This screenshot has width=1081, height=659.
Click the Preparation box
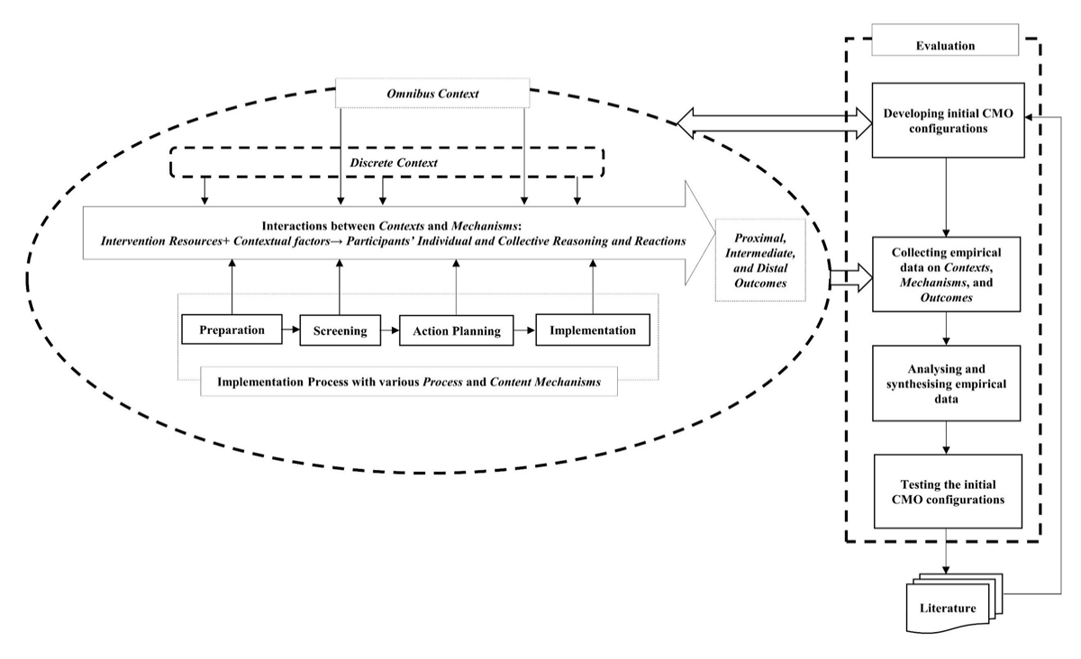tap(232, 329)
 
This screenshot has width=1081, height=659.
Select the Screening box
tap(341, 330)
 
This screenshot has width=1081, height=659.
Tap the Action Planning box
tap(457, 330)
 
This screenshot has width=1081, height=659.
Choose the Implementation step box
tap(593, 330)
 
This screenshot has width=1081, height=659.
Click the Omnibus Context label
tap(432, 93)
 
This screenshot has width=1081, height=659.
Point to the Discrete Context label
tap(394, 163)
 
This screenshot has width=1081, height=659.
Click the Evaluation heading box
tap(945, 40)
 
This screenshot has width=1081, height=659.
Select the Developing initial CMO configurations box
tap(948, 120)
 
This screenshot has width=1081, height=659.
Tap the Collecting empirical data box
tap(946, 274)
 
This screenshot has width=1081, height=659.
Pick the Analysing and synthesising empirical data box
tap(946, 383)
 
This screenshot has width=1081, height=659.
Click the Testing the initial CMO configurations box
tap(948, 492)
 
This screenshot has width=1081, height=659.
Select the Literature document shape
tap(954, 603)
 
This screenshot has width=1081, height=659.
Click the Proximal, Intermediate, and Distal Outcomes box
tap(760, 260)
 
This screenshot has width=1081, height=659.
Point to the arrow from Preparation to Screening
tap(291, 330)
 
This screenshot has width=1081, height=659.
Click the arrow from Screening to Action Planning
tap(390, 330)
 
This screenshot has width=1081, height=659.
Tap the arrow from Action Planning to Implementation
tap(524, 330)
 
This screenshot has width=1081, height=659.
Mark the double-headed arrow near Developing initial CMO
tap(774, 123)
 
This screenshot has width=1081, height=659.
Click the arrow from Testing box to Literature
tap(946, 551)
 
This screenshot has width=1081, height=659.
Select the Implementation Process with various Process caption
tap(409, 382)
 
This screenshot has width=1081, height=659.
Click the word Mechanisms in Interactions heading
tap(484, 226)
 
